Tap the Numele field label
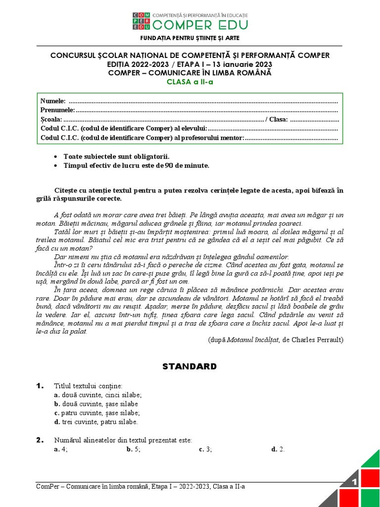(x=52, y=101)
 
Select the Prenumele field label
(x=57, y=110)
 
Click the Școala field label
(x=51, y=119)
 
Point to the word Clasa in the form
(x=279, y=119)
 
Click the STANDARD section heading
(x=190, y=367)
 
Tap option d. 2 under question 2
(x=278, y=449)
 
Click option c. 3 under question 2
(x=205, y=449)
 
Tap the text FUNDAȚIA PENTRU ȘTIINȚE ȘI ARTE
(x=190, y=38)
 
